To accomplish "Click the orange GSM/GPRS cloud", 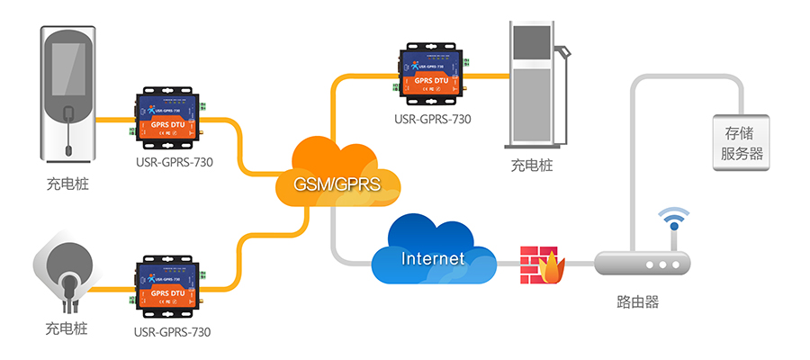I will pos(335,175).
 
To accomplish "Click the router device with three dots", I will pos(642,265).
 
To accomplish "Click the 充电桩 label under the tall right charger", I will pos(533,166).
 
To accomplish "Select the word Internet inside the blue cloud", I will pos(433,259).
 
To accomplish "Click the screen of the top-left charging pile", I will pos(67,70).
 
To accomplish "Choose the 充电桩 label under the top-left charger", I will pos(68,185).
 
